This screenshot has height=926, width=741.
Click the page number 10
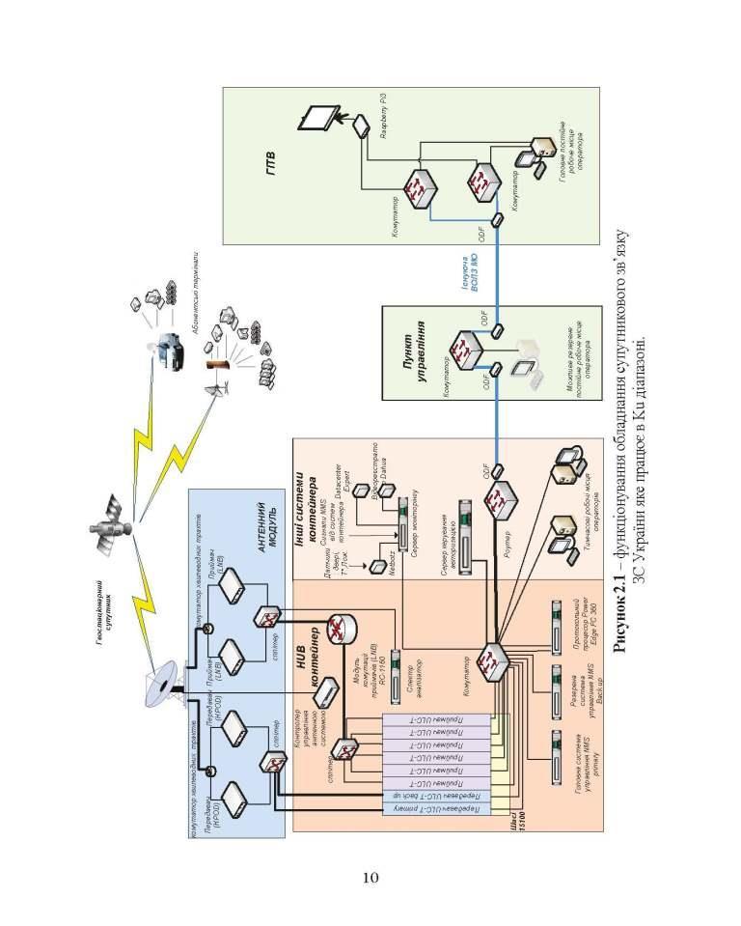point(370,876)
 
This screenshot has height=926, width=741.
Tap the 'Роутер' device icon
point(501,501)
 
